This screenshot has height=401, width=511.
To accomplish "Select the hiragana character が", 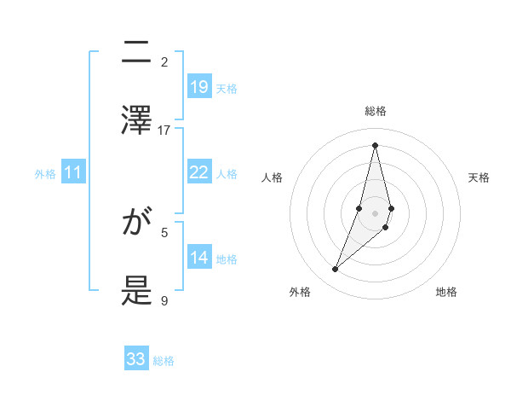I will [x=137, y=224].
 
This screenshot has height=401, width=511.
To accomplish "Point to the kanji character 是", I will [x=137, y=292].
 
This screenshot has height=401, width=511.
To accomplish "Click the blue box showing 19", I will [x=199, y=87].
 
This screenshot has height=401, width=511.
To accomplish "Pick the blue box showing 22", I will [x=199, y=172].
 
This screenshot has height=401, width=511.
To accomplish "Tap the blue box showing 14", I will [x=199, y=258].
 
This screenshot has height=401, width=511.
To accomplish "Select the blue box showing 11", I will [x=73, y=172].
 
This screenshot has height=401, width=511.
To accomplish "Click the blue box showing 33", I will [x=136, y=359].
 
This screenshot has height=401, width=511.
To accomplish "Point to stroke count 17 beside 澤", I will [x=164, y=130].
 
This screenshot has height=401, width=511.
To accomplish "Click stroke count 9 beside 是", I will [x=164, y=300].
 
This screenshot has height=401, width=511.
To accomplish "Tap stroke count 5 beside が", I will [x=164, y=231].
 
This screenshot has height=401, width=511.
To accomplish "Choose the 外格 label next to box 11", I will [x=45, y=173].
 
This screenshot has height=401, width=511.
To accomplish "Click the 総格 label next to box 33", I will [x=164, y=361].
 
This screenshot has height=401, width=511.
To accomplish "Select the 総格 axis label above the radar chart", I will [x=375, y=111].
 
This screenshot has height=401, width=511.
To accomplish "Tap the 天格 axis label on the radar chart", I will [x=479, y=177].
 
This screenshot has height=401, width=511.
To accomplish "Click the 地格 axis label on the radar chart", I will [x=446, y=292].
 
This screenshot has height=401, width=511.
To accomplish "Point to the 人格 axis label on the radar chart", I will [x=273, y=177].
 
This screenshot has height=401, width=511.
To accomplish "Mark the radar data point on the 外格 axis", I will [x=336, y=270].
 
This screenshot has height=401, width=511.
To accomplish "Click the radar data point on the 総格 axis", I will [x=375, y=145].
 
